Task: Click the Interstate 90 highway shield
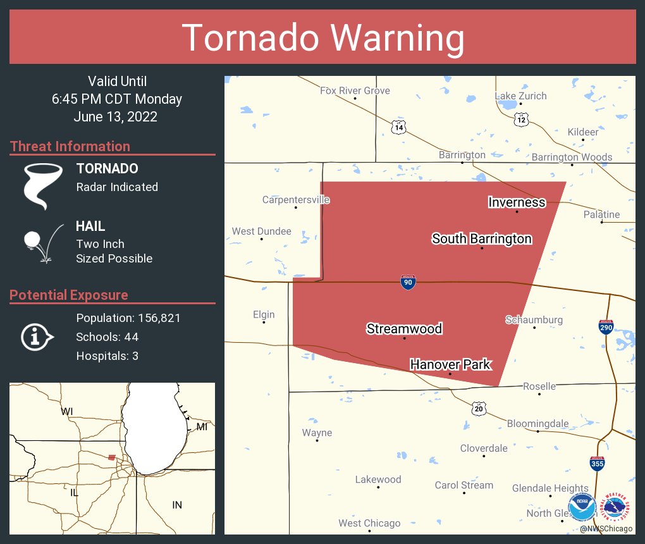coord(408,282)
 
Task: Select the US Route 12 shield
coord(520,119)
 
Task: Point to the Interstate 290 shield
coord(606,327)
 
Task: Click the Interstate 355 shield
coord(596,464)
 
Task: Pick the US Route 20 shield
coord(478,409)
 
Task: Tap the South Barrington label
coord(481,238)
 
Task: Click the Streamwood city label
coord(404,328)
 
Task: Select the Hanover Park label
coord(450,364)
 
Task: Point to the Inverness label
coord(517,202)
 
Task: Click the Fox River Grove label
coord(355,90)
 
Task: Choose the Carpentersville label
coord(296,200)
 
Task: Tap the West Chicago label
coord(369,523)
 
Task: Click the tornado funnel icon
coord(43,185)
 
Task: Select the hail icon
coord(43,242)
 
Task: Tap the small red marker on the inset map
coord(112,457)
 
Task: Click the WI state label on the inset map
coord(66,412)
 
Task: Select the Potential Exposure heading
coord(69,295)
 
